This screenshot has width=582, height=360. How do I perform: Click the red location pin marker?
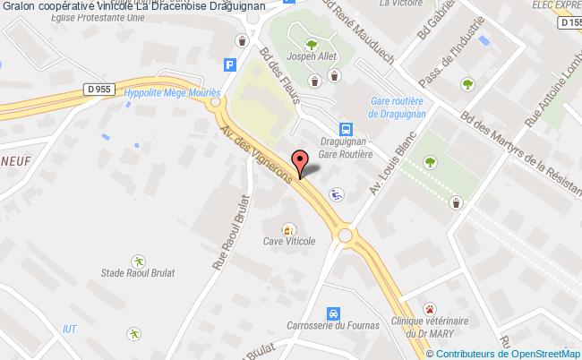point(301,162)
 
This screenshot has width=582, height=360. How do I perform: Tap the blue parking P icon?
point(230,64)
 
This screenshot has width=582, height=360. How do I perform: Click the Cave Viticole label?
point(289,242)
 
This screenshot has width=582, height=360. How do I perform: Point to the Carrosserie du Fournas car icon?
point(333,313)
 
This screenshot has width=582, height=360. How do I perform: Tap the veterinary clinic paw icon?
point(430,308)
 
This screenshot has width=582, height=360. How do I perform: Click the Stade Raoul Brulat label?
point(136,272)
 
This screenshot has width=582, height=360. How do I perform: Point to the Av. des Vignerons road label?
point(256,148)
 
